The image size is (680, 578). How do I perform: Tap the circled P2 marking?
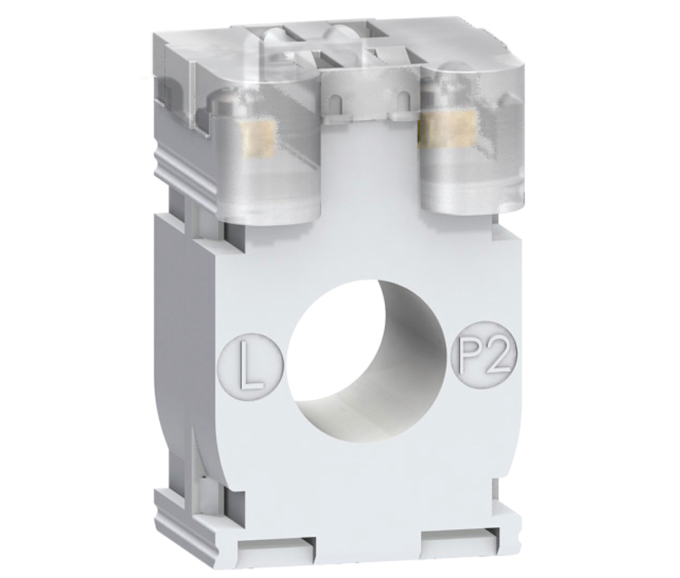coord(485,366)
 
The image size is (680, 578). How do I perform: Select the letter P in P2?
coord(471,366)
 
